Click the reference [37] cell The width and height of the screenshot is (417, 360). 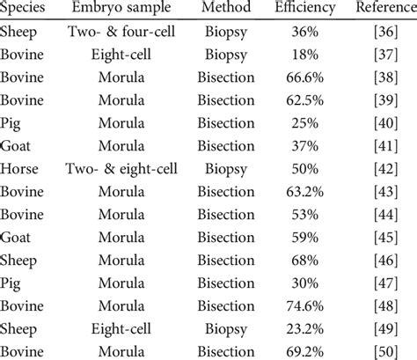(x=384, y=55)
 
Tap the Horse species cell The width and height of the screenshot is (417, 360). (x=19, y=168)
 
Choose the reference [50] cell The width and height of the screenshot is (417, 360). (x=384, y=350)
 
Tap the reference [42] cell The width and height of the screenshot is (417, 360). (x=384, y=168)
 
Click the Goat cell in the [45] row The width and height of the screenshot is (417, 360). (x=17, y=237)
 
